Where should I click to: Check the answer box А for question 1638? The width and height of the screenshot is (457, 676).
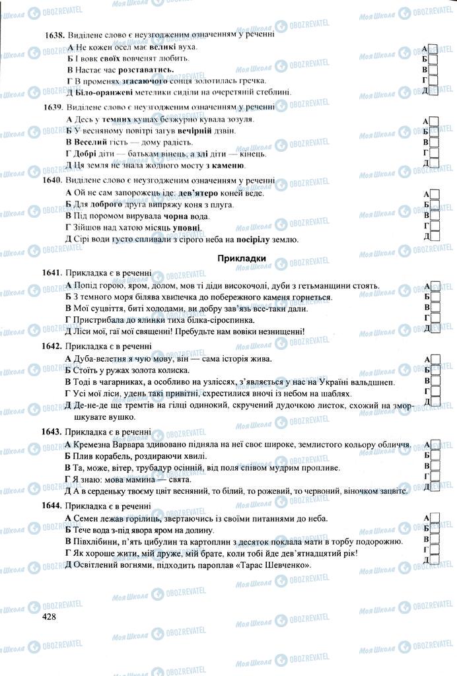[x=434, y=48]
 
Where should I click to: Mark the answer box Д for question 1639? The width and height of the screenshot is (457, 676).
[x=434, y=163]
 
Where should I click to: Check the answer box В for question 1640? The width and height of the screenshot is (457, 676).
[x=434, y=215]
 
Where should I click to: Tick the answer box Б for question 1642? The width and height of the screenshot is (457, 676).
[x=434, y=370]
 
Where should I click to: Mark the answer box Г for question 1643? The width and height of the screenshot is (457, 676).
[x=434, y=477]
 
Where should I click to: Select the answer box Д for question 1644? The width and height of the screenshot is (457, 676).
[x=434, y=560]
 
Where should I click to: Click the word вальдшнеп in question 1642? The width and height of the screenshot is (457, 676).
[x=372, y=382]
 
